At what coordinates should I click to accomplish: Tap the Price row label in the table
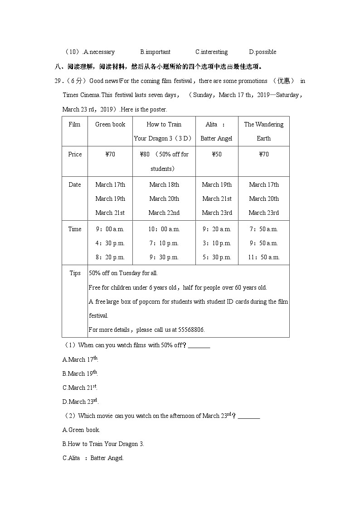click(75, 155)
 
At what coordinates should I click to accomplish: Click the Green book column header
click(110, 125)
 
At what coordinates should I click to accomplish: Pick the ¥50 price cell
click(217, 155)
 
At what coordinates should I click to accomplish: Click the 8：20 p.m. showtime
click(110, 257)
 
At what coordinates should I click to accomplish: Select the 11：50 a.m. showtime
click(264, 257)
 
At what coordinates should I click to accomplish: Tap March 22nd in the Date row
click(164, 213)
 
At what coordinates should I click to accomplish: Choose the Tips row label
click(75, 273)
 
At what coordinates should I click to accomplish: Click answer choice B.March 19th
click(80, 374)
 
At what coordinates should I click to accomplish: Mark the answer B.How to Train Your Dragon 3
click(103, 444)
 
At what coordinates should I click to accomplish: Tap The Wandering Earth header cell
click(264, 131)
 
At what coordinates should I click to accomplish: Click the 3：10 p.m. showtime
click(217, 243)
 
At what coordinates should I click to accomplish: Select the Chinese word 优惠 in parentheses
click(283, 81)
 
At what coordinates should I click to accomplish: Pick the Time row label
click(75, 229)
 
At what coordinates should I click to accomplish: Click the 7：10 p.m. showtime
click(164, 243)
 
